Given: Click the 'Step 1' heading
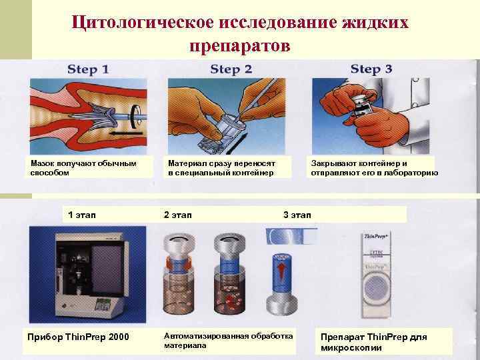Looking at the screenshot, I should click(x=88, y=69).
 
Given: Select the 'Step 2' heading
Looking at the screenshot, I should click(x=231, y=69).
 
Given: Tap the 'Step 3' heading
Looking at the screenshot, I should click(x=371, y=69).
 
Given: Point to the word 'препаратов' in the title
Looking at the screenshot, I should click(x=239, y=45).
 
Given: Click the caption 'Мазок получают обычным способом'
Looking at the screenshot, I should click(x=83, y=167).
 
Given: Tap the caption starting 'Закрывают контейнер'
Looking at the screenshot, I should click(x=374, y=167).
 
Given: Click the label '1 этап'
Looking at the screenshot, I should click(x=82, y=215).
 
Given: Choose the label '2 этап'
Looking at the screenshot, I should click(x=178, y=215).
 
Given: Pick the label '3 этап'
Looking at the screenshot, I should click(x=297, y=215).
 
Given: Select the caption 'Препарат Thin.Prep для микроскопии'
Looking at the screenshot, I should click(x=373, y=341).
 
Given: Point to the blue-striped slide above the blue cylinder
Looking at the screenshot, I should click(x=291, y=235).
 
